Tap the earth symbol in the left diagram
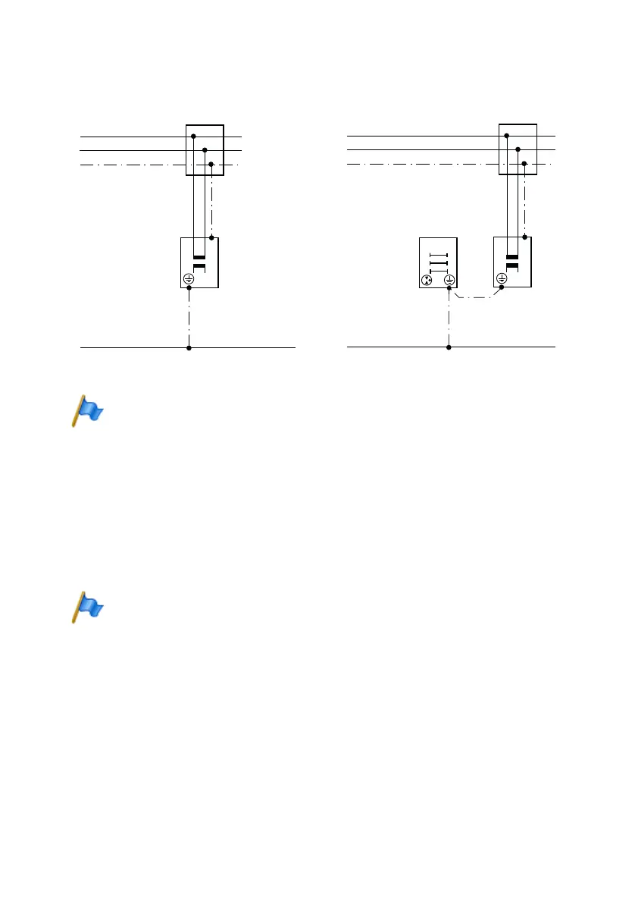(189, 280)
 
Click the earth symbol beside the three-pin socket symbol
(449, 280)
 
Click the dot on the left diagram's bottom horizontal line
(189, 348)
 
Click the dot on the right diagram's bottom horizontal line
(449, 348)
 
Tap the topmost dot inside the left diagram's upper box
(193, 137)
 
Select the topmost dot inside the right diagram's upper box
(505, 136)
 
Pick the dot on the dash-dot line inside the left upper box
(211, 164)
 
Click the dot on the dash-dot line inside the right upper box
(524, 164)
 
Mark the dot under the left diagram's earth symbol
(189, 289)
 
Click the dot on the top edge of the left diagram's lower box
(211, 237)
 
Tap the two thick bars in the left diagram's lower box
(199, 263)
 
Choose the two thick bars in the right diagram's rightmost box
(511, 262)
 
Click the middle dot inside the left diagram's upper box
(205, 150)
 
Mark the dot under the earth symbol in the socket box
(449, 289)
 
